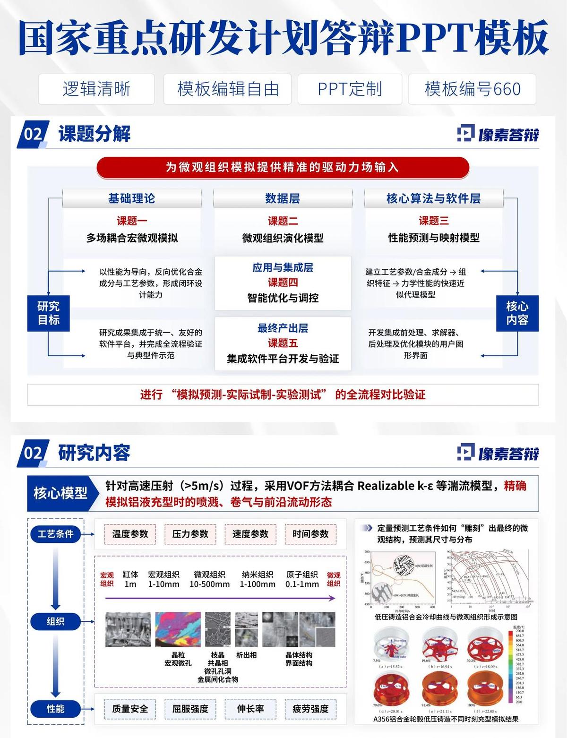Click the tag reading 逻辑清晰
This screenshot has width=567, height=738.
[x=96, y=89]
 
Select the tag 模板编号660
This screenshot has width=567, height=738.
[x=472, y=89]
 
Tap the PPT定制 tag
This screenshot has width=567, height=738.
[x=350, y=89]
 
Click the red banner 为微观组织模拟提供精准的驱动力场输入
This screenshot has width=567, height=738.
[x=282, y=167]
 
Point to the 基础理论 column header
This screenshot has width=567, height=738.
[x=131, y=198]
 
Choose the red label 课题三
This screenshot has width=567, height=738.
[x=433, y=221]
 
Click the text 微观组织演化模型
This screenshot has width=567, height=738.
[x=283, y=238]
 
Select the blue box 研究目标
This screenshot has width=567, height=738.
[x=49, y=313]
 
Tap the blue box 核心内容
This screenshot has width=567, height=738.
[x=517, y=313]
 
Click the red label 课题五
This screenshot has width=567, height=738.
[x=283, y=343]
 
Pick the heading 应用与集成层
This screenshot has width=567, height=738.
[x=283, y=267]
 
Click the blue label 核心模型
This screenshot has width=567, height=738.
[x=60, y=493]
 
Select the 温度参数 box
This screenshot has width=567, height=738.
[x=130, y=534]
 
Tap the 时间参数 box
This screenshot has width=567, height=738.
[x=310, y=534]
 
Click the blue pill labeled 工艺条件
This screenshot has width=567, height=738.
[x=55, y=534]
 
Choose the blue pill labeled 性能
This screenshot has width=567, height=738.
[x=55, y=709]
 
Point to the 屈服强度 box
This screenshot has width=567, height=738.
[x=190, y=709]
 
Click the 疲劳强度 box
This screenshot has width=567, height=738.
[x=310, y=709]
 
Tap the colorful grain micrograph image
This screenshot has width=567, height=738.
[x=178, y=629]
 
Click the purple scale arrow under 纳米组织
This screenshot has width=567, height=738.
[x=258, y=598]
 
